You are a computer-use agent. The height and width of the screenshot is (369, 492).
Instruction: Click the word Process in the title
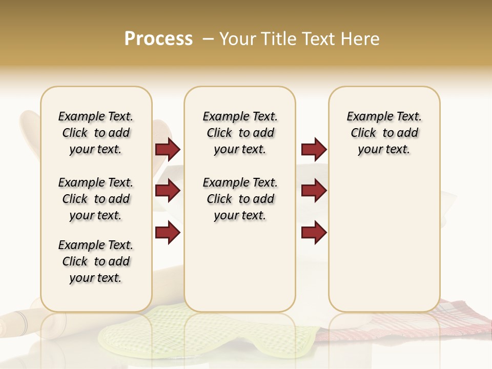point(158,39)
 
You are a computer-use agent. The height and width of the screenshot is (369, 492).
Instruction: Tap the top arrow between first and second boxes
point(168,150)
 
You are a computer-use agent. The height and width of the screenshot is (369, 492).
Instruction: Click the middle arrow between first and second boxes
point(168,191)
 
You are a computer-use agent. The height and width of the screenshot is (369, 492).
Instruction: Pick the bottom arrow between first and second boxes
point(168,233)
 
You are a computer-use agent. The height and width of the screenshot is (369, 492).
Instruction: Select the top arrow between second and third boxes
point(314,150)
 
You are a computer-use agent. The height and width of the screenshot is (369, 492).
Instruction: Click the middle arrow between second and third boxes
point(314,191)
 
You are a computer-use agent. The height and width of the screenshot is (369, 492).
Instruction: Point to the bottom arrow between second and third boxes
point(314,233)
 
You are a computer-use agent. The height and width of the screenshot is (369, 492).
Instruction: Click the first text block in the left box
point(96,133)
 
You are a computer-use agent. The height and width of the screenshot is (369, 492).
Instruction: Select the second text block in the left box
point(96,199)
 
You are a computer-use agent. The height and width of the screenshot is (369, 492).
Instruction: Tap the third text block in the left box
point(96,261)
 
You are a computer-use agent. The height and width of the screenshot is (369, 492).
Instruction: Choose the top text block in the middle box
point(240,133)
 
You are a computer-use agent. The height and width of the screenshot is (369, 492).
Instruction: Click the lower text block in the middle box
point(240,199)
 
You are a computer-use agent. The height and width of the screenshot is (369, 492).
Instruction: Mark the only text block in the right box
point(384,133)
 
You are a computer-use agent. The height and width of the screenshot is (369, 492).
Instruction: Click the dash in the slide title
point(209,39)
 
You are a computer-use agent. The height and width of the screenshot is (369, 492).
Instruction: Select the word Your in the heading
point(238,39)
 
